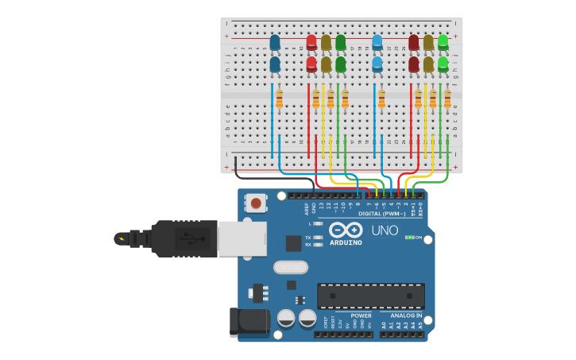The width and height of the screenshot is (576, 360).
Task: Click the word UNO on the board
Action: point(385,230)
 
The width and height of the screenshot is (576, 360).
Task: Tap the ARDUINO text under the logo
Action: point(345,242)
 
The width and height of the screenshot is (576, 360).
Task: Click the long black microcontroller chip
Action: point(369,296)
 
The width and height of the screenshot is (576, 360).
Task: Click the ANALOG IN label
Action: point(405,315)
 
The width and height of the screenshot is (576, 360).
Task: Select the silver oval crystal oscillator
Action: point(290,268)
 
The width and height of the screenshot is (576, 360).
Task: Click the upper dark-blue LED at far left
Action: point(275,43)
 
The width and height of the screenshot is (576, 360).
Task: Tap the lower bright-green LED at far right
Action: point(443,64)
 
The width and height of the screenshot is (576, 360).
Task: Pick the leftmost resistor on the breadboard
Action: point(279,99)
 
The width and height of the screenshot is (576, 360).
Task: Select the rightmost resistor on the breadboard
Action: point(447,99)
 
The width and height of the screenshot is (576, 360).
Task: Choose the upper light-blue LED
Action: point(377,43)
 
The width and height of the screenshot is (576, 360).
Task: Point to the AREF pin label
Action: point(307,208)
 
